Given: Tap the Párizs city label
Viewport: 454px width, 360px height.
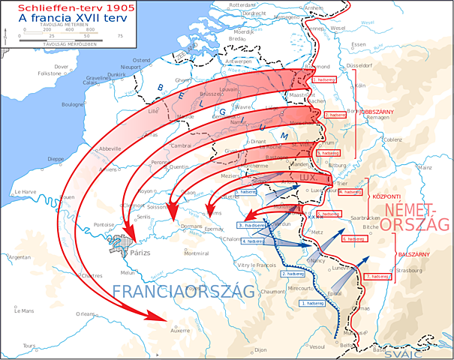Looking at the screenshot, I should click(140, 253).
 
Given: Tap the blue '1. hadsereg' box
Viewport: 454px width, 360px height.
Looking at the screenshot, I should click(311, 303).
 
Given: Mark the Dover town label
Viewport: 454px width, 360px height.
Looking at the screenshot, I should click(62, 67).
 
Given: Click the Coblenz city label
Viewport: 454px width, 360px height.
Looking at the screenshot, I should click(392, 139).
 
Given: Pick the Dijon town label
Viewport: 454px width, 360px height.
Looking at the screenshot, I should click(260, 349).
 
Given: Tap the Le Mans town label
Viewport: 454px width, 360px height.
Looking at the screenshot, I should click(26, 310).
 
